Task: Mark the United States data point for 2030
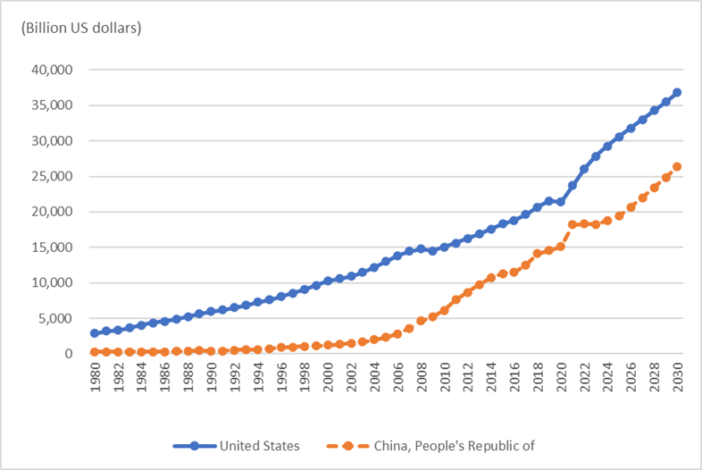677,92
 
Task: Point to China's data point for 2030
677,166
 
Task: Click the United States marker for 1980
95,333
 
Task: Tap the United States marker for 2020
561,202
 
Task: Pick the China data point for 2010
444,310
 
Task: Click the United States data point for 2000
328,281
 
